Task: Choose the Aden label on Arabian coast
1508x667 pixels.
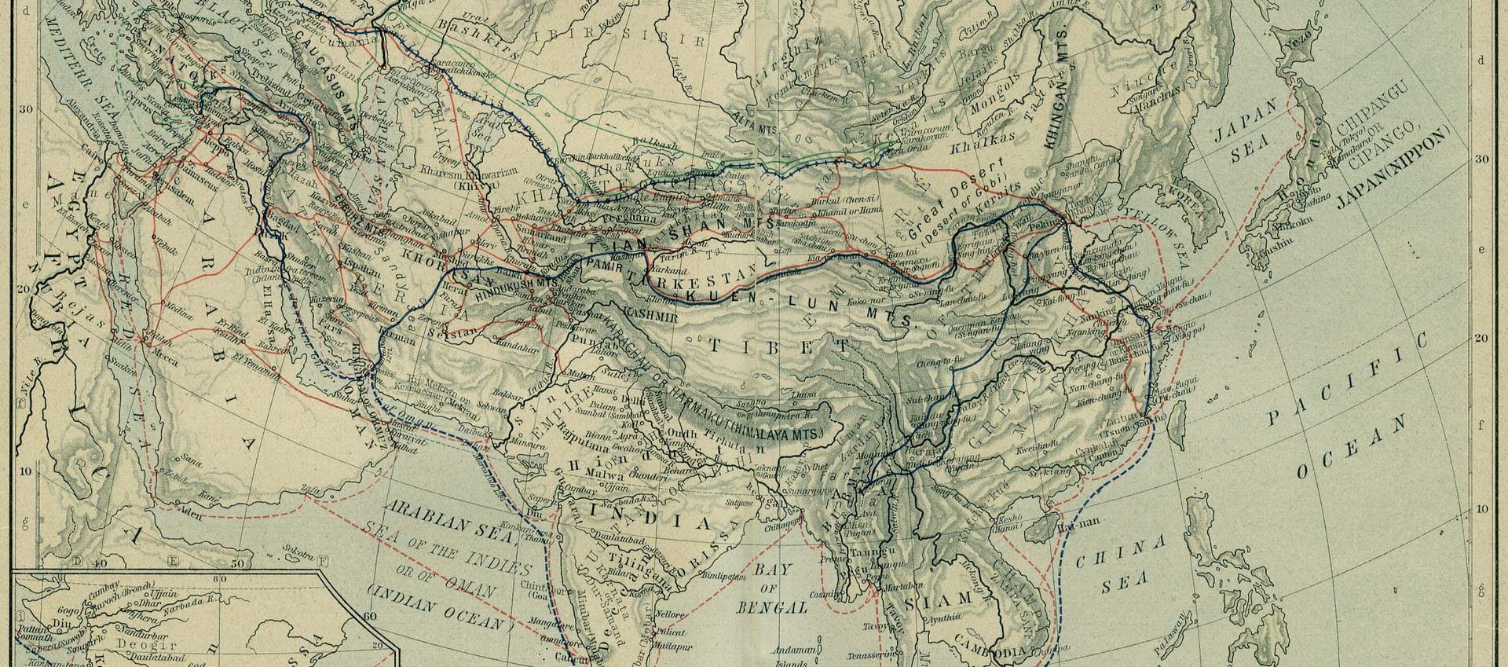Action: pos(190,517)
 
